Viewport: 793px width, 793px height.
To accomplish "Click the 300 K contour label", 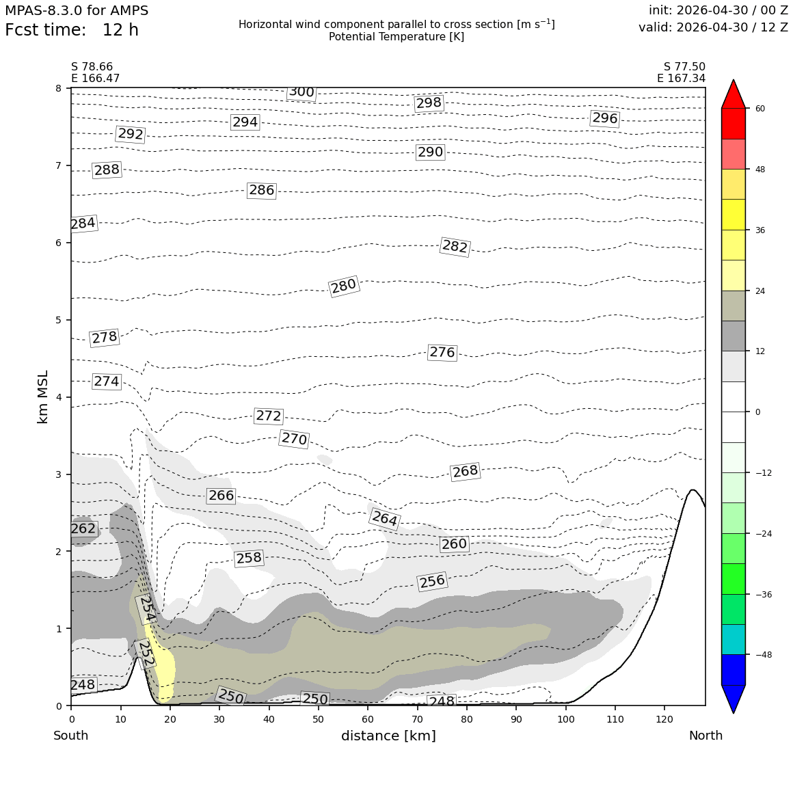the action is coord(301,92).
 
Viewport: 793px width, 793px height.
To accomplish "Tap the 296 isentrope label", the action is coord(605,118).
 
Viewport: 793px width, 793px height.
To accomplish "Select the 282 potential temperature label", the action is coord(455,246).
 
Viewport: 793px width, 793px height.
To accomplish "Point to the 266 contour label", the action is coord(221,495).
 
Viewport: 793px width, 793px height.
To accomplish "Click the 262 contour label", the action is coord(83,528).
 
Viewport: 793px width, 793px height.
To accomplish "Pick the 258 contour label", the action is coord(249,558).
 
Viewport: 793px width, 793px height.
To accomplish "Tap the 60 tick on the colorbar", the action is coord(760,108).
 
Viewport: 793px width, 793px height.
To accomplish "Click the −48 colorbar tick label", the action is coord(764,655).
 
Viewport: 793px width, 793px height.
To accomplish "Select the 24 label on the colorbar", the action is coord(760,291).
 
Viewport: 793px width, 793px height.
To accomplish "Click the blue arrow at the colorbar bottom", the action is coord(734,699).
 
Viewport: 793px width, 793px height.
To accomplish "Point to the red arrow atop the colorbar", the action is coord(734,94).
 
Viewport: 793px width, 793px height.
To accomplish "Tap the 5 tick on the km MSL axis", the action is coord(59,320).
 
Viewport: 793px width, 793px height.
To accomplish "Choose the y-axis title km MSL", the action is coord(43,397).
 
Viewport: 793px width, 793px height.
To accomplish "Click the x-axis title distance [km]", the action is coord(388,736).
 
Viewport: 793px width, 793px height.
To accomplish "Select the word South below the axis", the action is coord(71,736).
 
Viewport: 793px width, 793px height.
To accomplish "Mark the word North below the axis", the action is coord(705,736).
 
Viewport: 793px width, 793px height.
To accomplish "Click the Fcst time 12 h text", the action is coord(72,30).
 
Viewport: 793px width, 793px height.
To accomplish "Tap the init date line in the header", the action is coord(718,10).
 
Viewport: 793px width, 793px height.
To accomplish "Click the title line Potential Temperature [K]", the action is coord(396,37).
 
